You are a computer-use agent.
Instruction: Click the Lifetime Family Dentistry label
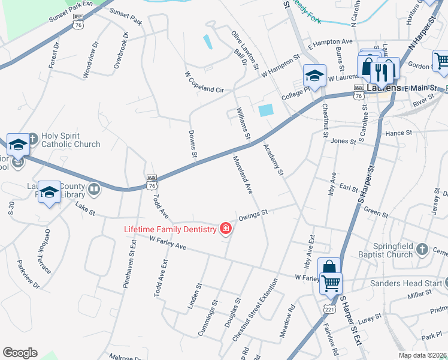click(169, 229)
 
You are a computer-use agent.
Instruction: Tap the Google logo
click(20, 353)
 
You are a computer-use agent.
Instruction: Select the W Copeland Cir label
click(204, 82)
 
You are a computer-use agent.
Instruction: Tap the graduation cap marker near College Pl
click(314, 76)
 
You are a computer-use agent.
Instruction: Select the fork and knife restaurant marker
click(382, 72)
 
